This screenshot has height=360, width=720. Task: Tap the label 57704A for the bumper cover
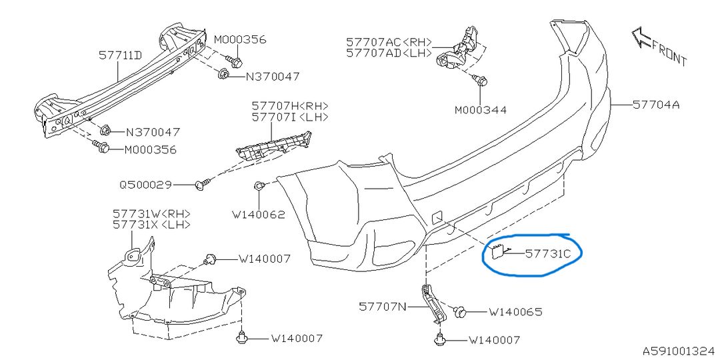656,105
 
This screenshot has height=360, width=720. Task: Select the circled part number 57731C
548,253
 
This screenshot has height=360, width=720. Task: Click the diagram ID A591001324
680,350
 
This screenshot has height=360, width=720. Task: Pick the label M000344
481,110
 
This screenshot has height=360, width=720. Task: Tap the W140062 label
258,215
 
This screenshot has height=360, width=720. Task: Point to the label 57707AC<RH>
389,42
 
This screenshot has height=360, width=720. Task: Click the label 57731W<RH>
151,213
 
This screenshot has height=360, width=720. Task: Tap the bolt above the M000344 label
479,80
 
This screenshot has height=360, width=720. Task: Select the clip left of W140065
460,311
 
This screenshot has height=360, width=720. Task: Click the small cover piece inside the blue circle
497,250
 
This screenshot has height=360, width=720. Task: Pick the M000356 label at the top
239,39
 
